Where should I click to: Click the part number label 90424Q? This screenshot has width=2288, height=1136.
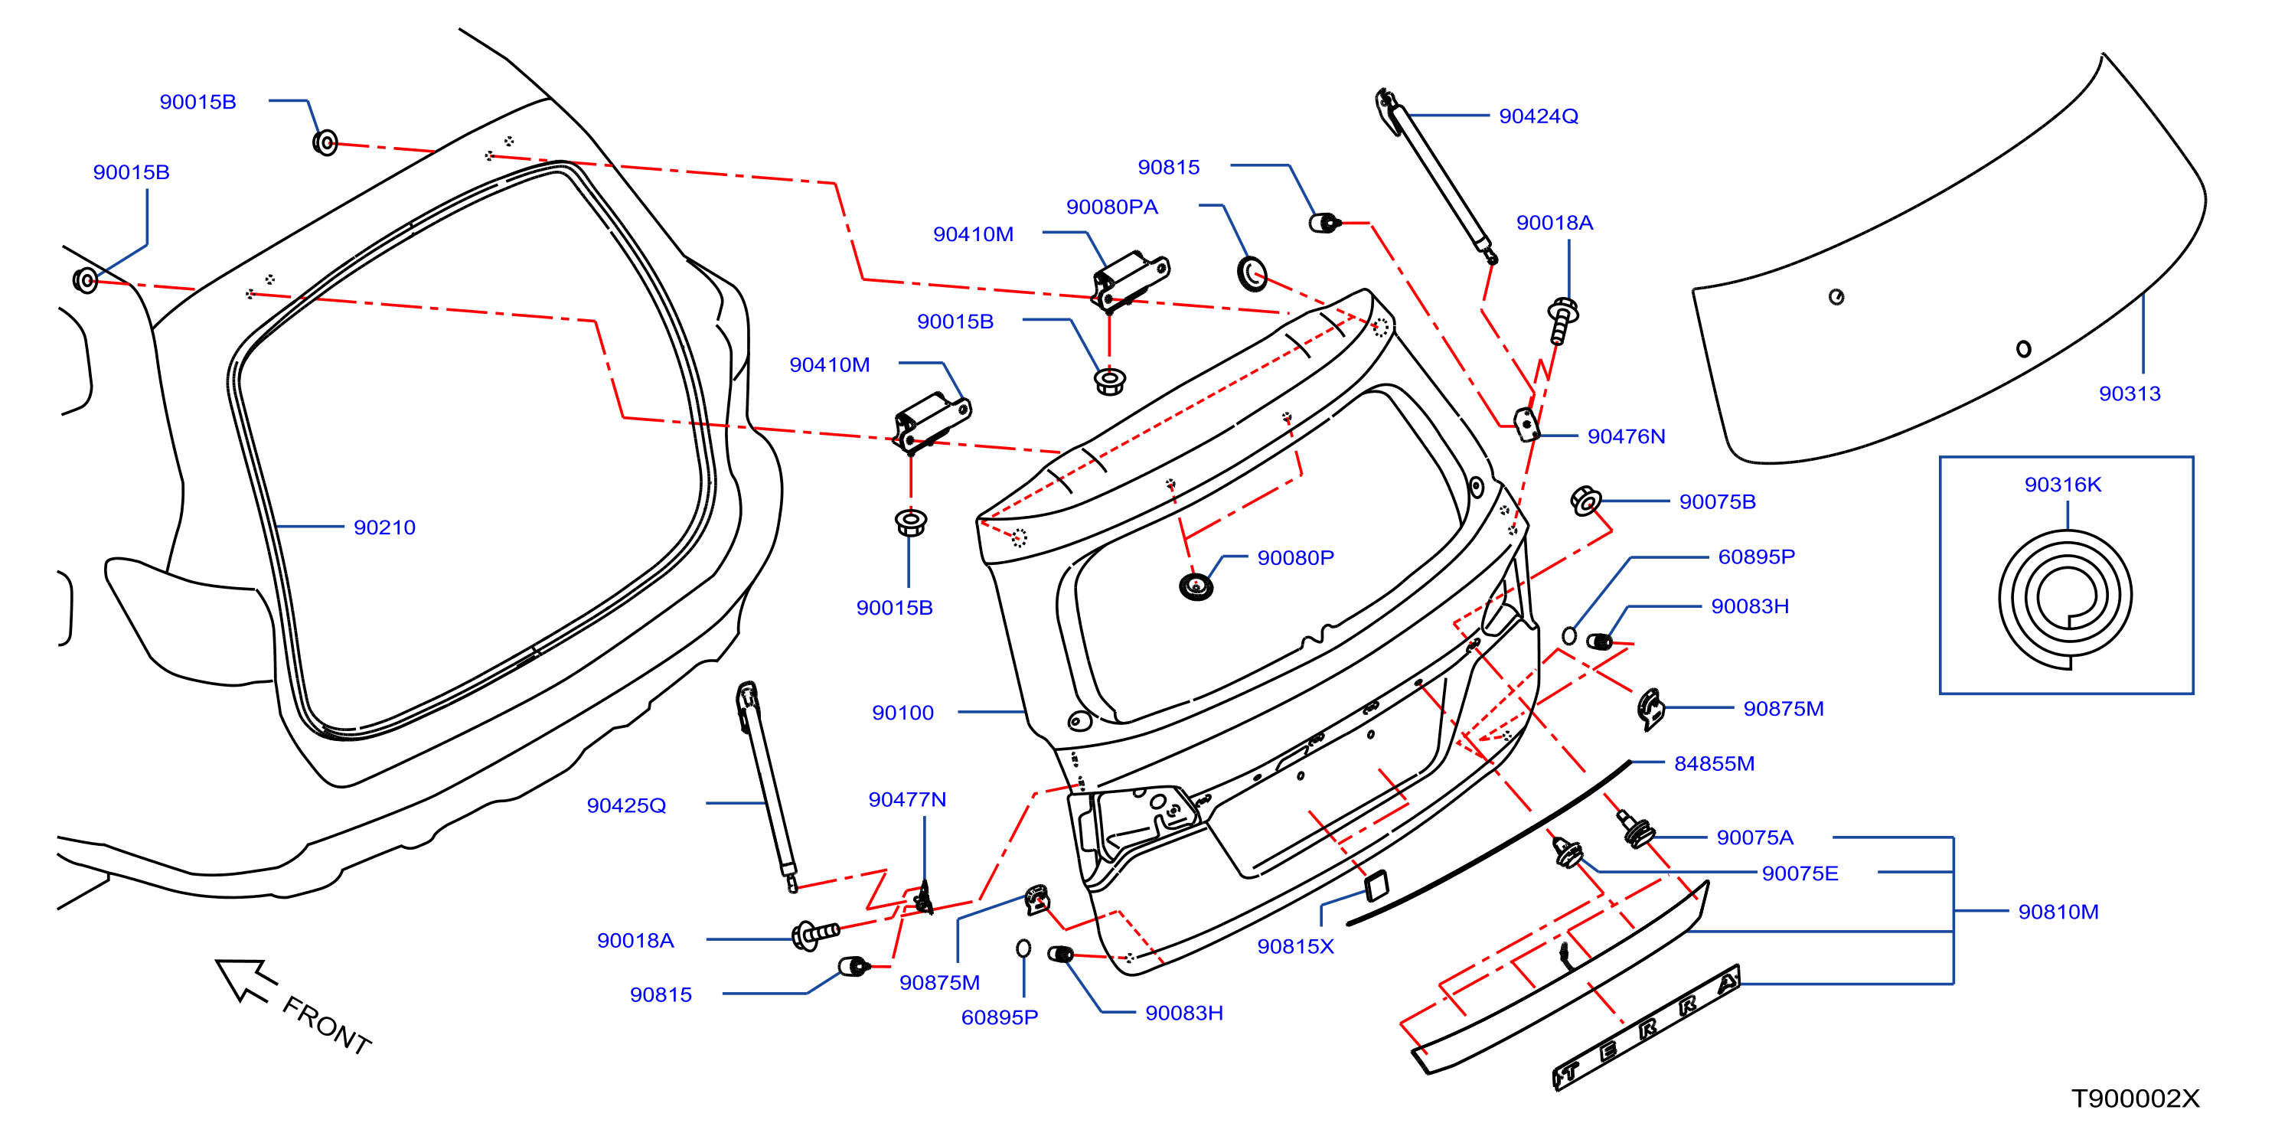[1539, 116]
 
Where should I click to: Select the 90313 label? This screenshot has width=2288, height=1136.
[2129, 393]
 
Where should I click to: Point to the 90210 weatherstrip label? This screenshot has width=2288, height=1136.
[384, 527]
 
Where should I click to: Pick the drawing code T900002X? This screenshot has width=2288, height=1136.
[2135, 1098]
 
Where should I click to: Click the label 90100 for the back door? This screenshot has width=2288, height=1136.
[902, 713]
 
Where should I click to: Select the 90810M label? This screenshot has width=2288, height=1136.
[2058, 912]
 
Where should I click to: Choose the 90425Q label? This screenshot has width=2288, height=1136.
[626, 805]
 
